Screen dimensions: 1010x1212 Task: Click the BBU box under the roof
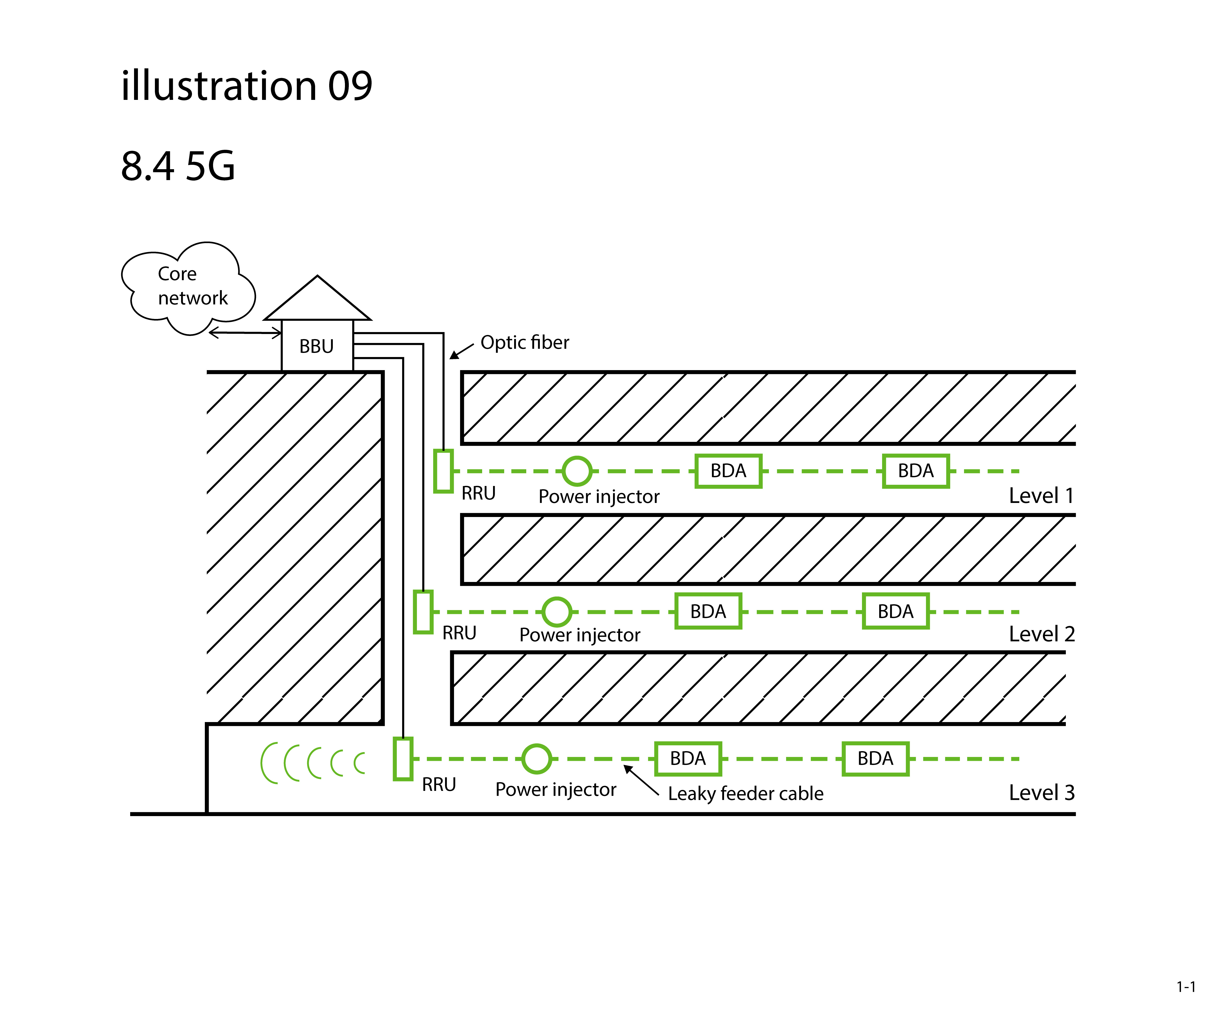[x=317, y=346]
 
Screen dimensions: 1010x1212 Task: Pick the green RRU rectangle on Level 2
[x=423, y=612]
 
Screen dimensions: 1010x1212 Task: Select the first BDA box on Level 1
[x=728, y=471]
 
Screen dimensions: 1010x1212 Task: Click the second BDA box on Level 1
[x=916, y=471]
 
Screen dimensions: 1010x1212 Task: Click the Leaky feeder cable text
[x=746, y=794]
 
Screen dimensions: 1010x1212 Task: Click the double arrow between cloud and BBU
[x=245, y=333]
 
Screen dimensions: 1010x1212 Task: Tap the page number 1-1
[x=1185, y=987]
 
